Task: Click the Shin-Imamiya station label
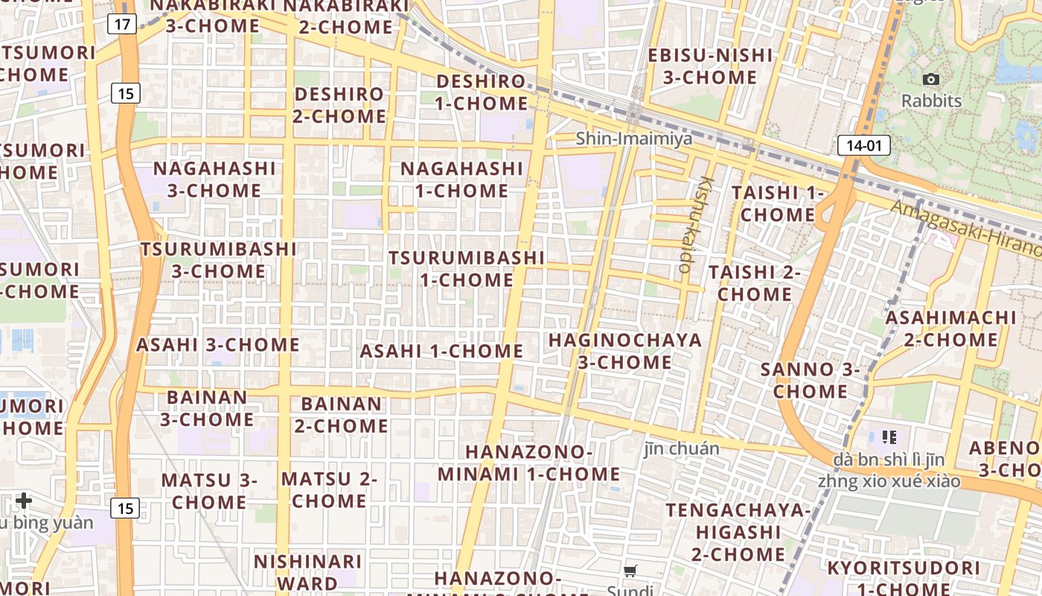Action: pyautogui.click(x=634, y=139)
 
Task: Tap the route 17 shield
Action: pyautogui.click(x=122, y=24)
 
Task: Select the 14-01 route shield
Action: pyautogui.click(x=863, y=145)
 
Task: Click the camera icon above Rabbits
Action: pyautogui.click(x=930, y=79)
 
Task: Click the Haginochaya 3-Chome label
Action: pyautogui.click(x=625, y=352)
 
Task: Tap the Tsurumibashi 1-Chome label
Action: pyautogui.click(x=467, y=269)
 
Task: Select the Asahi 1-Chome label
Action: pyautogui.click(x=441, y=351)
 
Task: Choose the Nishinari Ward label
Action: pyautogui.click(x=307, y=571)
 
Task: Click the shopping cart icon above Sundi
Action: pyautogui.click(x=630, y=571)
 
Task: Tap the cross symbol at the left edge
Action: pyautogui.click(x=24, y=500)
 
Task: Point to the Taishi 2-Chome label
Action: pyautogui.click(x=755, y=283)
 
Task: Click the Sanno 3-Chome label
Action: pyautogui.click(x=810, y=380)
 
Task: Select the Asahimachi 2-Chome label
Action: pyautogui.click(x=950, y=329)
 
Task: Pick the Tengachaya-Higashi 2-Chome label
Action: pyautogui.click(x=738, y=532)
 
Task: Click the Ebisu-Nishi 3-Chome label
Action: pyautogui.click(x=710, y=66)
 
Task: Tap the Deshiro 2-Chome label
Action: pyautogui.click(x=339, y=105)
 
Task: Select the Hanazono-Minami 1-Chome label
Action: pyautogui.click(x=528, y=463)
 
